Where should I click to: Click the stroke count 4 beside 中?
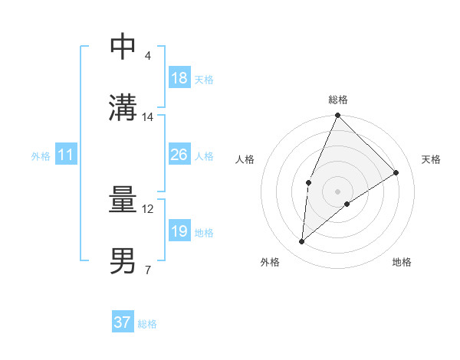click(x=147, y=56)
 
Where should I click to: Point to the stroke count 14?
click(x=148, y=117)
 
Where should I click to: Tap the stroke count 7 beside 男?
click(x=147, y=270)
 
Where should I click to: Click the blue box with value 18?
click(x=179, y=78)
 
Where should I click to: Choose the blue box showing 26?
click(x=179, y=155)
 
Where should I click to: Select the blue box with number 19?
click(x=179, y=231)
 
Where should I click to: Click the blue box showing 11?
click(x=66, y=155)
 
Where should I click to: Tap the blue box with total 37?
click(x=123, y=322)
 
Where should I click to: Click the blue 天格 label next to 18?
click(x=204, y=80)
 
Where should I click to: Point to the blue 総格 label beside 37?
click(x=147, y=324)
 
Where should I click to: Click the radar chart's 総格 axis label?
click(x=337, y=100)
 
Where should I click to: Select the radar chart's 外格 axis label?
click(x=270, y=262)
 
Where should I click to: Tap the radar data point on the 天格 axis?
click(x=396, y=173)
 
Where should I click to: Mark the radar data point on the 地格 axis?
click(x=347, y=204)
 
